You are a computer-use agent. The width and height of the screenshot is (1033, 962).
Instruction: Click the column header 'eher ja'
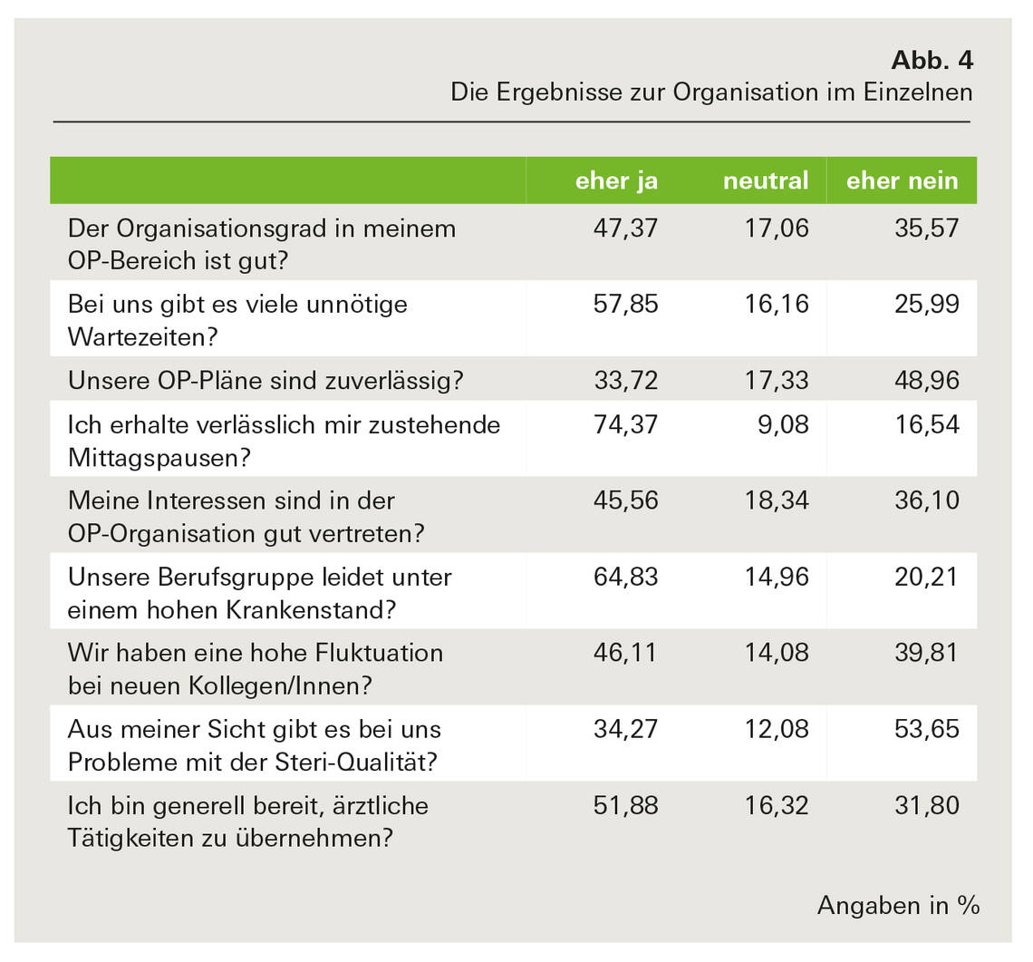(616, 180)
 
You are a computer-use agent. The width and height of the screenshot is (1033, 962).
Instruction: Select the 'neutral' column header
(765, 180)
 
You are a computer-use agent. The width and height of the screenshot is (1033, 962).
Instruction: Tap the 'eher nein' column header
(902, 180)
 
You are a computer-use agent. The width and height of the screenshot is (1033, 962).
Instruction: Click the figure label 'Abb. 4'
(932, 61)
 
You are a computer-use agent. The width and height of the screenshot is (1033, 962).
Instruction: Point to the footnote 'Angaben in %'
(898, 904)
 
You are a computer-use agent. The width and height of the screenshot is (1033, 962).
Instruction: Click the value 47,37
(625, 228)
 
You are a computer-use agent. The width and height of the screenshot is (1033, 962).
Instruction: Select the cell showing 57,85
(625, 304)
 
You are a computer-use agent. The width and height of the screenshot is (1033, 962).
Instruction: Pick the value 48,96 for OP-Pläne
(928, 380)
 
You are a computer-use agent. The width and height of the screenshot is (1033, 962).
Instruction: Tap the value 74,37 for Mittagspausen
(625, 424)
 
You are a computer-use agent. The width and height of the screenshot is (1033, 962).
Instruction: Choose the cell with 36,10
(928, 500)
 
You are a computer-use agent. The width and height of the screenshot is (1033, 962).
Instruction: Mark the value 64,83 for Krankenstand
(625, 577)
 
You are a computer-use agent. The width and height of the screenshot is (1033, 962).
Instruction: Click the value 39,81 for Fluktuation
(928, 653)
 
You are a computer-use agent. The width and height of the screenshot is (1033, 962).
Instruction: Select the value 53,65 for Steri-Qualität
(928, 729)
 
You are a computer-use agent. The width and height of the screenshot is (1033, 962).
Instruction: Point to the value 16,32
(777, 805)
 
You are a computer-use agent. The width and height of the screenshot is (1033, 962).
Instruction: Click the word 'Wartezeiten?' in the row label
(143, 337)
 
